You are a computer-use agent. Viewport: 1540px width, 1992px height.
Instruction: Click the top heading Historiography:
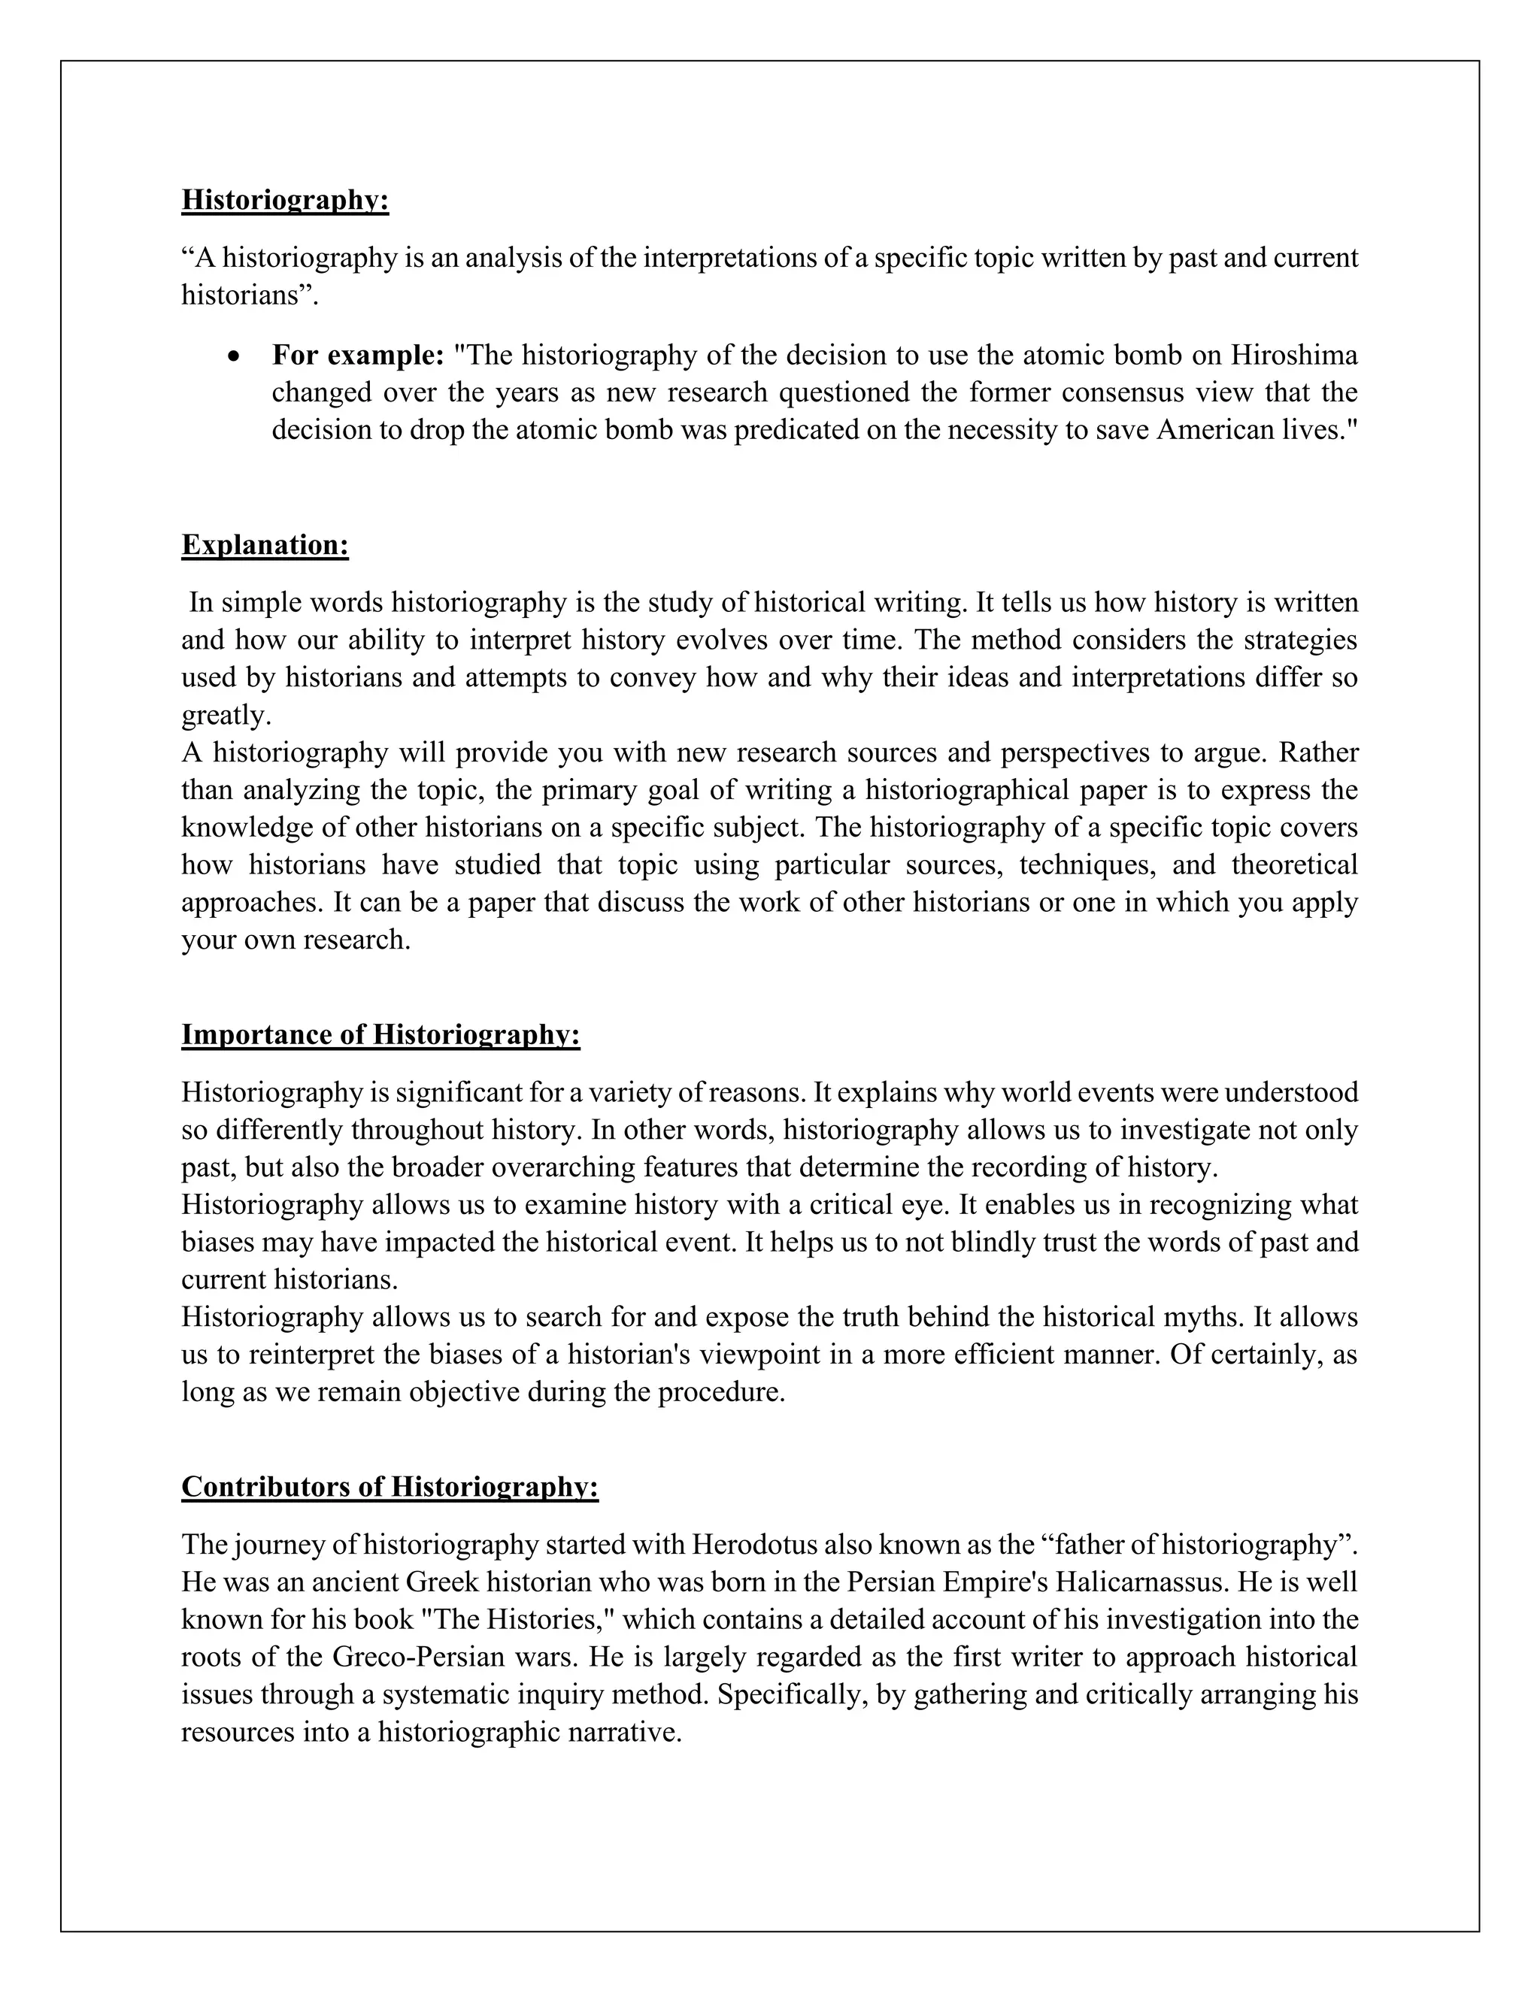(x=285, y=200)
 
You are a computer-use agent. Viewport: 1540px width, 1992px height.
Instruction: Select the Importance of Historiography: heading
(x=380, y=1034)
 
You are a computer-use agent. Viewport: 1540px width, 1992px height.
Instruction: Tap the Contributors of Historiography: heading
(x=390, y=1487)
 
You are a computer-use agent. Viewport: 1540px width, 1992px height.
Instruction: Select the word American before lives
(x=1215, y=429)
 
